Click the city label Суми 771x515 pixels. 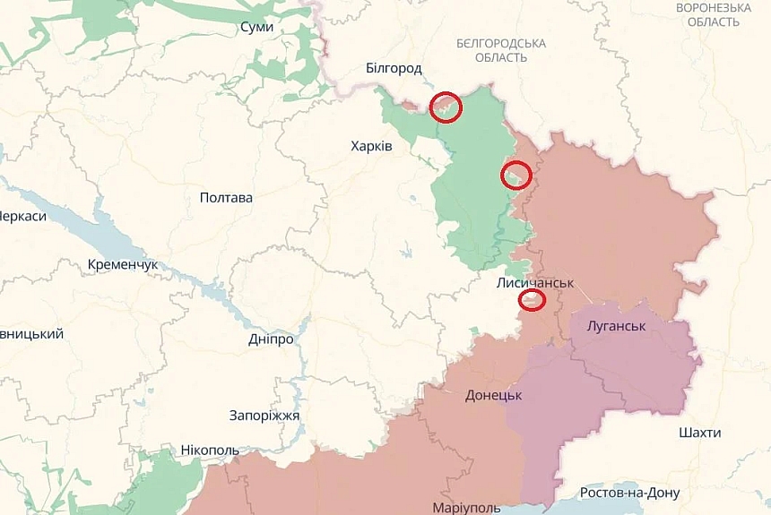point(256,28)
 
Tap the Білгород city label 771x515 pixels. point(394,68)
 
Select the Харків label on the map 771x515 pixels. point(371,145)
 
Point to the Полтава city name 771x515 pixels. point(226,198)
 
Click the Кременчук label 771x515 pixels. point(123,265)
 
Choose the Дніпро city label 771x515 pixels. point(271,339)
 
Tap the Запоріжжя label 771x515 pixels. point(264,416)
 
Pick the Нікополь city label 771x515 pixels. point(210,450)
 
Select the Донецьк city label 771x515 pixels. point(493,395)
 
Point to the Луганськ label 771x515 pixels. point(616,326)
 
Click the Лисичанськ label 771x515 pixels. point(534,282)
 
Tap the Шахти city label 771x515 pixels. point(699,433)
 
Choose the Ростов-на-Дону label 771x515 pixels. point(629,493)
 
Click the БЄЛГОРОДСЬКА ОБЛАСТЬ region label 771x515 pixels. point(500,50)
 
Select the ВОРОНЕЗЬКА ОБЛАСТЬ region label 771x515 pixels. point(714,14)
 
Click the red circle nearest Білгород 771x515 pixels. point(446,107)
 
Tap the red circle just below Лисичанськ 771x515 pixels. point(533,300)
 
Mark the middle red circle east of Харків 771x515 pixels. point(515,175)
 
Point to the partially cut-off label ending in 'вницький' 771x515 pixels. point(31,334)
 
